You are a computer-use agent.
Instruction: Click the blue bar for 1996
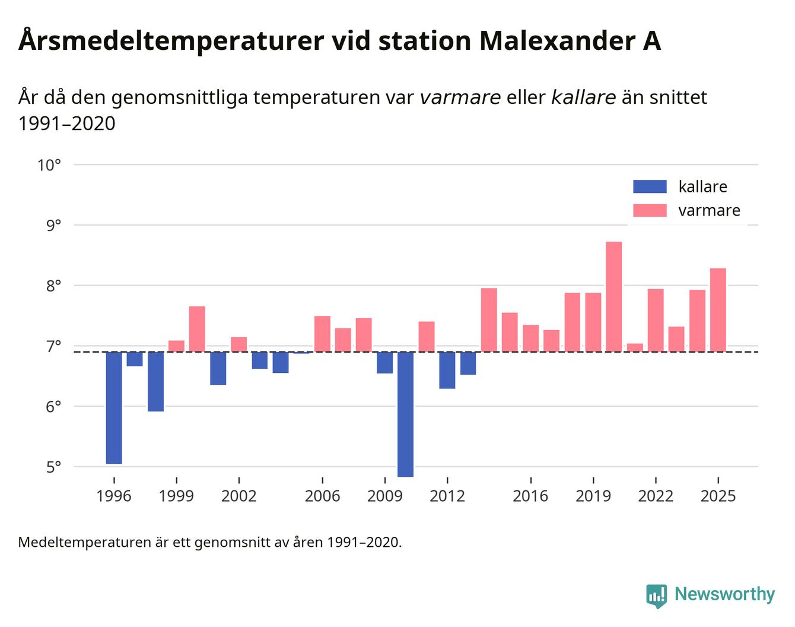(114, 407)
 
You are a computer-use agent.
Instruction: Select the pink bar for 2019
(593, 322)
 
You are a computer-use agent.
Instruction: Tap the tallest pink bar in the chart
(613, 296)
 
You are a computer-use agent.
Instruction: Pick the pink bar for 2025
(718, 310)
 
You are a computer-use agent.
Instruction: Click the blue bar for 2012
(447, 370)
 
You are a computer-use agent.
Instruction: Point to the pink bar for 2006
(322, 334)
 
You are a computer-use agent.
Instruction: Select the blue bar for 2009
(384, 363)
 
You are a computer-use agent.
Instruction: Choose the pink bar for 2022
(656, 320)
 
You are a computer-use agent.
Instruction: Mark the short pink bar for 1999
(176, 346)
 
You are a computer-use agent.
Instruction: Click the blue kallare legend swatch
(650, 186)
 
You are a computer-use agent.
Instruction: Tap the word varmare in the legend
(709, 211)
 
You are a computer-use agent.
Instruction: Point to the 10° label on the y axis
(49, 165)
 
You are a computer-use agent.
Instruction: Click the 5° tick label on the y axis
(53, 467)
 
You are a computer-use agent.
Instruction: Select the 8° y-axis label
(53, 286)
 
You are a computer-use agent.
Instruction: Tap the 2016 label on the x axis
(530, 496)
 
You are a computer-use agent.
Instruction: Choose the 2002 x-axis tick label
(238, 496)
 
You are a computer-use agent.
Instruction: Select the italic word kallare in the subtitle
(583, 97)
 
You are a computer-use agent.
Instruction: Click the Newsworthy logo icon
(656, 596)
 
